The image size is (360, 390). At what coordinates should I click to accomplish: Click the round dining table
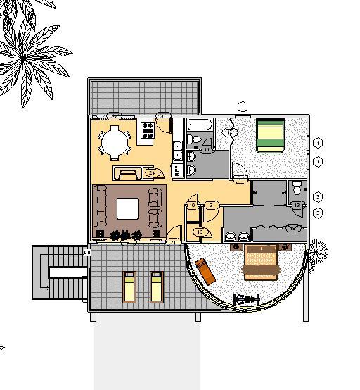[115, 143]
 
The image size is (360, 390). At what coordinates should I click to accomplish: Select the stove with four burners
[148, 130]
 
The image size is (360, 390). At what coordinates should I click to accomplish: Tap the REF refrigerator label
[177, 169]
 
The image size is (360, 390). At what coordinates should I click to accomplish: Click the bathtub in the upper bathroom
[198, 126]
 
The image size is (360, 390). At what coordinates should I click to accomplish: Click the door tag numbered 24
[151, 172]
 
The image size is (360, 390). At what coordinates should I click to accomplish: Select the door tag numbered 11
[207, 149]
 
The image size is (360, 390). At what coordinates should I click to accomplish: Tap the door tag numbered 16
[200, 232]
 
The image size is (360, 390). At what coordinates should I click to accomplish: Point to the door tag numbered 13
[297, 206]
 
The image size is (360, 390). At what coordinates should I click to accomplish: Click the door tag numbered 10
[192, 206]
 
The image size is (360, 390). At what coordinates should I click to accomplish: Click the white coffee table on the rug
[128, 208]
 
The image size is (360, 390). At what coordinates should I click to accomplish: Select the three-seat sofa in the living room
[101, 208]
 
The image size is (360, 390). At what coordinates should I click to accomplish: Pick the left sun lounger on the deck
[130, 286]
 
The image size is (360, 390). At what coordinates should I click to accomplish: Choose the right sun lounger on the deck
[156, 286]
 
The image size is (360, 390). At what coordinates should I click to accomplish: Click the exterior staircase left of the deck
[60, 272]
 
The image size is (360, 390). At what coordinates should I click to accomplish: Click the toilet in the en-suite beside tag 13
[297, 188]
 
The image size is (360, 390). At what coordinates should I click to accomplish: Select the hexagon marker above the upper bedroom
[242, 106]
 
